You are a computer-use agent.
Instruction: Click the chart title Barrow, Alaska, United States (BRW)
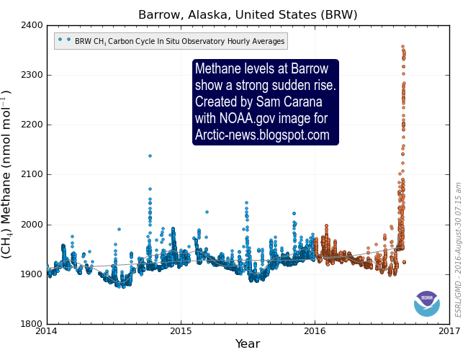(x=248, y=14)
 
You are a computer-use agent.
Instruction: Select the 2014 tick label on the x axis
(x=47, y=331)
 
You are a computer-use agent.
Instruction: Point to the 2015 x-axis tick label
(x=181, y=331)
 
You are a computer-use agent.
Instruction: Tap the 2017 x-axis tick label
(x=449, y=331)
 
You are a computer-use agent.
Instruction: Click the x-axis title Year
(x=248, y=345)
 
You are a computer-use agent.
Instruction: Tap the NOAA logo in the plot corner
(x=426, y=303)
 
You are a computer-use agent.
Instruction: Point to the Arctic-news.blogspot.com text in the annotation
(x=262, y=135)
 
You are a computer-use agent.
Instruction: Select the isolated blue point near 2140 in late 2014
(x=150, y=156)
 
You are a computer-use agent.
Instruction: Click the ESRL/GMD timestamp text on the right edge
(x=458, y=248)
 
